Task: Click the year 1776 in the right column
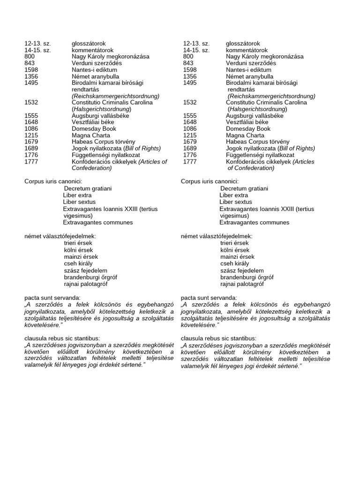(190, 155)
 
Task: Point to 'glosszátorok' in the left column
(89, 44)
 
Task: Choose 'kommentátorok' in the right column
(247, 50)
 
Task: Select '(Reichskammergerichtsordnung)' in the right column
(271, 96)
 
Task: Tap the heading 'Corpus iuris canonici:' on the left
(53, 181)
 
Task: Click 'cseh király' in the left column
(78, 263)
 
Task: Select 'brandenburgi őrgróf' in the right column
(247, 277)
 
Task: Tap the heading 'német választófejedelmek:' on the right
(217, 236)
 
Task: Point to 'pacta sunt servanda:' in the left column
(52, 298)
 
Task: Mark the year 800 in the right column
(188, 57)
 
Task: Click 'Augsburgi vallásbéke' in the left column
(100, 115)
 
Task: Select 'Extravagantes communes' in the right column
(255, 222)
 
